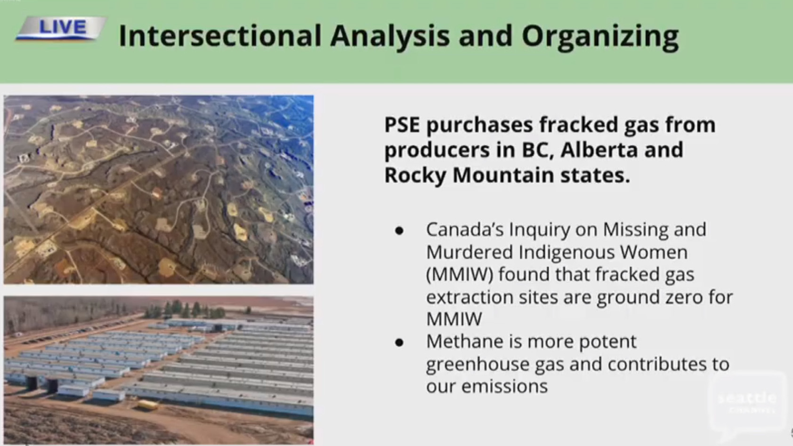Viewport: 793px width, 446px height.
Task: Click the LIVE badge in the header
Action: [x=61, y=28]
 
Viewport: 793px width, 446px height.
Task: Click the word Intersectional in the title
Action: [x=220, y=36]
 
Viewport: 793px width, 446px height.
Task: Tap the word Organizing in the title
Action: [x=600, y=38]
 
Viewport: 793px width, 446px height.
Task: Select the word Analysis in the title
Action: [x=390, y=37]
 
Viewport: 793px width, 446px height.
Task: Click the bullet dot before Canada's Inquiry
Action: [x=399, y=231]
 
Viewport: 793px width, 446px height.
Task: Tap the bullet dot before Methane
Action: [x=399, y=342]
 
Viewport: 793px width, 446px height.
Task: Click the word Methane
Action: [x=465, y=341]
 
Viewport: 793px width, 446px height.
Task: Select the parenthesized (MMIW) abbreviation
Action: [x=460, y=275]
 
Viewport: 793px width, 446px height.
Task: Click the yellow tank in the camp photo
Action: [x=147, y=405]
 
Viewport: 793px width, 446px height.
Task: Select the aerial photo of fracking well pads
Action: [x=159, y=190]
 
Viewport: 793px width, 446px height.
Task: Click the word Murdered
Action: [x=469, y=253]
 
